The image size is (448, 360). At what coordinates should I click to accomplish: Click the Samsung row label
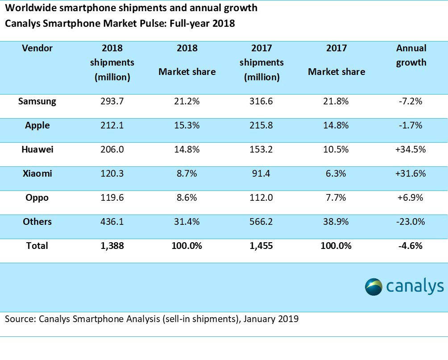(x=37, y=101)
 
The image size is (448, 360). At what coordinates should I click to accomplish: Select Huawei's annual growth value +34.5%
(x=411, y=149)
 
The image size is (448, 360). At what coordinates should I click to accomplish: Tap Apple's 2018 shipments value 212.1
(x=112, y=125)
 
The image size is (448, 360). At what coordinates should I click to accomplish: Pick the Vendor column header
(x=37, y=48)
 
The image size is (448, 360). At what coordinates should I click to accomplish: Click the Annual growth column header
(x=411, y=55)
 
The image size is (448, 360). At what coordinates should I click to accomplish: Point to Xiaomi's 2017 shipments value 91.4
(x=261, y=174)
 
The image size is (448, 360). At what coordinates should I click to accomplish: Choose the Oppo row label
(x=37, y=198)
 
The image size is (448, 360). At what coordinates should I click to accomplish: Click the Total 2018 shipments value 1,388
(x=112, y=246)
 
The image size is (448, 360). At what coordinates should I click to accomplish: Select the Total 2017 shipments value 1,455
(x=261, y=246)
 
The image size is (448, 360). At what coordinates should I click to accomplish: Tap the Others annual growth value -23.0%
(x=411, y=222)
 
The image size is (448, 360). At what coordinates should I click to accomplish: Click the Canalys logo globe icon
(x=373, y=286)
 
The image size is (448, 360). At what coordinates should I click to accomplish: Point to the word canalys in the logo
(x=415, y=286)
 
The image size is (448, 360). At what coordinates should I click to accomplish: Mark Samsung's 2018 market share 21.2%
(x=187, y=101)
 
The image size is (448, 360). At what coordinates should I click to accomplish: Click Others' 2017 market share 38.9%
(x=336, y=222)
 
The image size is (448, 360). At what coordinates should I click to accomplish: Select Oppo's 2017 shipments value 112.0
(x=261, y=198)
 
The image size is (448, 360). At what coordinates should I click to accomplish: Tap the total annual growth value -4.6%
(x=411, y=246)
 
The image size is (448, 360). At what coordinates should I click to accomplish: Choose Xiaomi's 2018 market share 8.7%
(x=187, y=174)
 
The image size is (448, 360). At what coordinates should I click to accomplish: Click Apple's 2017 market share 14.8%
(x=336, y=125)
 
